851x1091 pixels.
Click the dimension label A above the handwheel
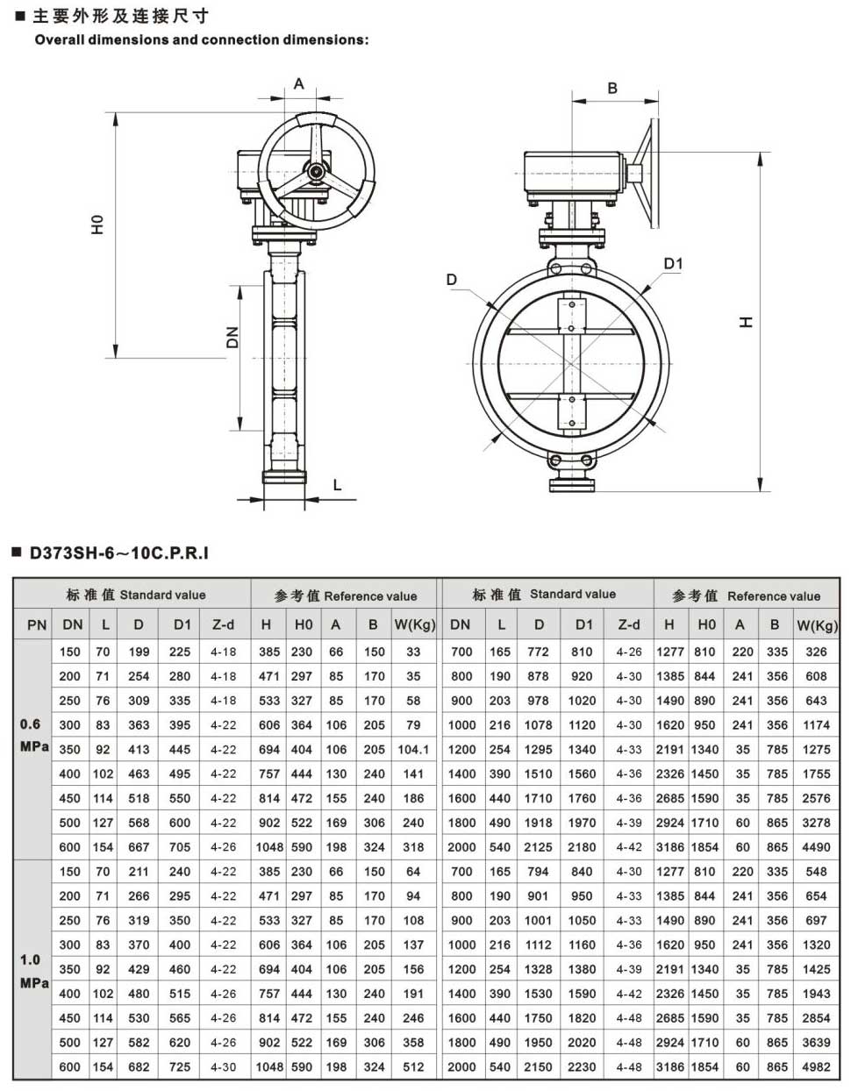299,83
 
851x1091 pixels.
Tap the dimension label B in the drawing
612,89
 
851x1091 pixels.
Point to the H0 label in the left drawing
97,225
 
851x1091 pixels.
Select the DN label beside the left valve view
232,338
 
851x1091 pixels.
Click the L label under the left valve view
338,485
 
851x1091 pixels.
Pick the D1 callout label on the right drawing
673,264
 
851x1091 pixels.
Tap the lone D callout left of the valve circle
451,280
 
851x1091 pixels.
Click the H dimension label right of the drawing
746,322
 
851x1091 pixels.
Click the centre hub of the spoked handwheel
317,172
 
